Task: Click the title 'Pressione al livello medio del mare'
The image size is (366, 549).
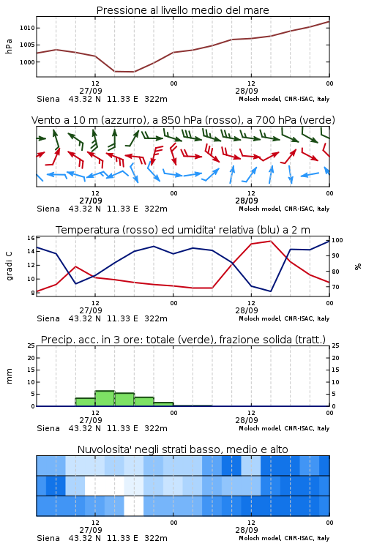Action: point(182,10)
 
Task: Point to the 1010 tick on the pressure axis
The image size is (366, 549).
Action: point(27,28)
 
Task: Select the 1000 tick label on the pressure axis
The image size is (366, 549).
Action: point(27,62)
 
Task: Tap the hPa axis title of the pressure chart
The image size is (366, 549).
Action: point(9,46)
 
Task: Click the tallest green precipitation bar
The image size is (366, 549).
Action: point(105,398)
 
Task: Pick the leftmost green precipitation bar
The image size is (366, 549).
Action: point(85,402)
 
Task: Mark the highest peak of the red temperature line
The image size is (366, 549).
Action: point(270,241)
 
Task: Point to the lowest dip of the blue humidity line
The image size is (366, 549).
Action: point(270,291)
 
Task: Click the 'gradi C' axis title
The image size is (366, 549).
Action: point(10,266)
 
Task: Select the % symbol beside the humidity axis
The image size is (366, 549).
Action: point(358,266)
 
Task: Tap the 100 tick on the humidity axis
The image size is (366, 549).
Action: point(337,241)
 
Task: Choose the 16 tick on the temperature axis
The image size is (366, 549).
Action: point(31,238)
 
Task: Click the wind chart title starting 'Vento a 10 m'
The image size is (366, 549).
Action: point(183,120)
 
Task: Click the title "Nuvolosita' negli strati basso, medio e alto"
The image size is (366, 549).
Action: point(182,449)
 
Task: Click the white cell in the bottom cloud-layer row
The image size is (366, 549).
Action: point(134,506)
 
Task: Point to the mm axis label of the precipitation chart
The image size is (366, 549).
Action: point(10,376)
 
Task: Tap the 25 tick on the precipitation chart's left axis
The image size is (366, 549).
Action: point(31,346)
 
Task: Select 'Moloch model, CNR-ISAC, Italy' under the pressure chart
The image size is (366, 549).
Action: point(284,99)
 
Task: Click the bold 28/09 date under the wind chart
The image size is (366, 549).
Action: point(247,201)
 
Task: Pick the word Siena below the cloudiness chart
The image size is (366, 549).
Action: point(48,538)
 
